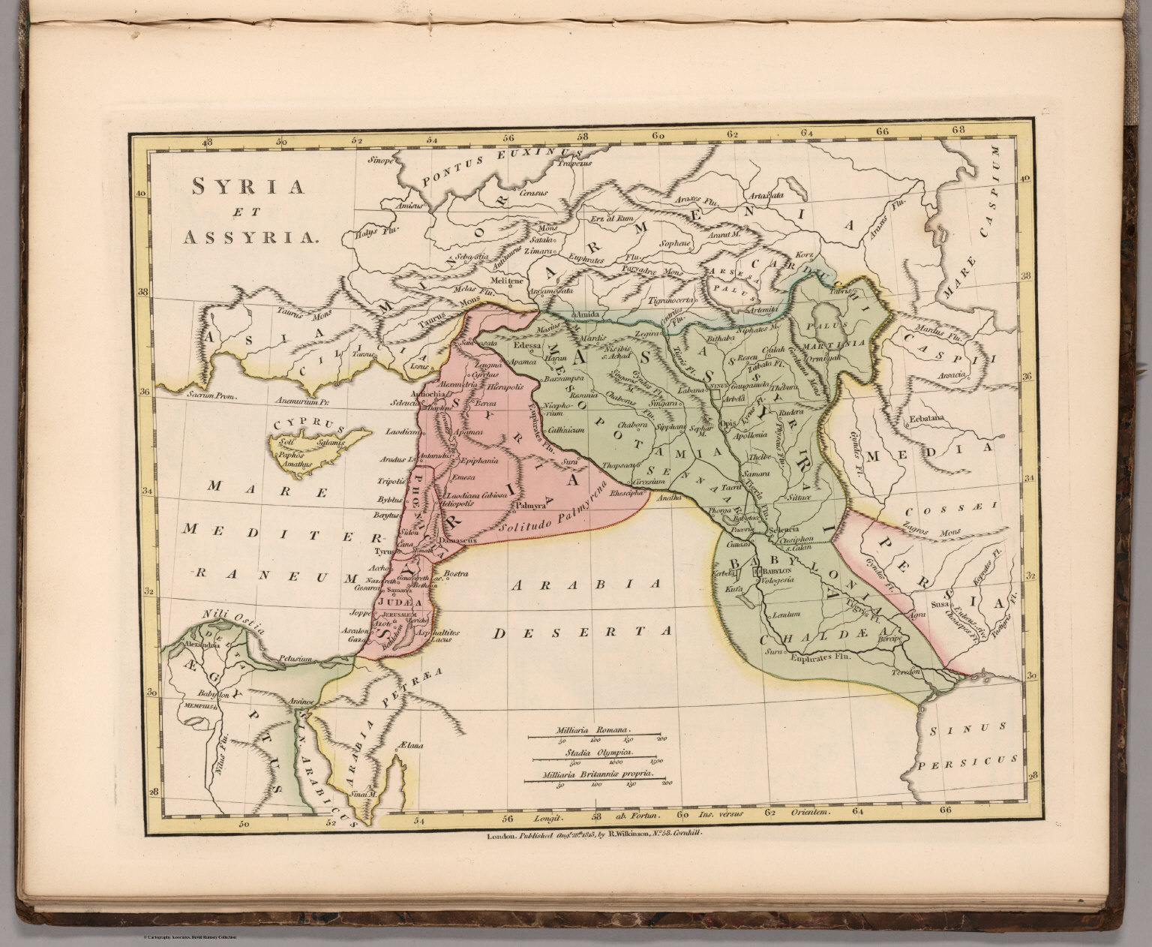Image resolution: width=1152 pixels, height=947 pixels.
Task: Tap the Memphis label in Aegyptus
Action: pos(196,705)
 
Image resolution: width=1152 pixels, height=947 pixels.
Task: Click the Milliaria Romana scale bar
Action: pos(593,735)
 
